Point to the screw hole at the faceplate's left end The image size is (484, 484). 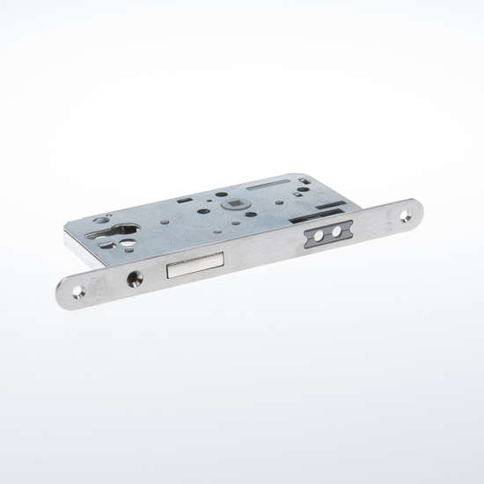point(79,292)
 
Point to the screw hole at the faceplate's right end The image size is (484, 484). point(406,211)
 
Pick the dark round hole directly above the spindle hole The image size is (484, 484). point(222,194)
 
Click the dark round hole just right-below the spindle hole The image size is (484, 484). point(252,214)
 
